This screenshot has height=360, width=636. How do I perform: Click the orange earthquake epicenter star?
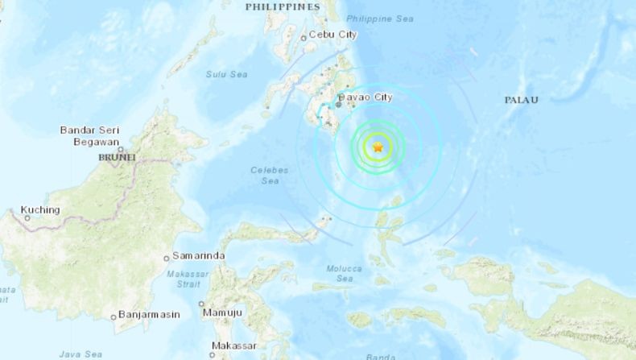click(378, 147)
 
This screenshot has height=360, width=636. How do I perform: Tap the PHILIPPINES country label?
click(283, 6)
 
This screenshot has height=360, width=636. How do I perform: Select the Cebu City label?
click(333, 35)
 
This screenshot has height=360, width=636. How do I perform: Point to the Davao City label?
click(368, 97)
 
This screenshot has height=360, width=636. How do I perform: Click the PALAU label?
click(521, 100)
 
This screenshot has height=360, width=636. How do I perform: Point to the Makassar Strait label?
click(186, 277)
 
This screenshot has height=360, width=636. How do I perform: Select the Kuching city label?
click(40, 210)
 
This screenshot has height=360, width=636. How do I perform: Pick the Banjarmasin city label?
click(150, 314)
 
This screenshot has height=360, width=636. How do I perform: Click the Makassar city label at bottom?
click(233, 346)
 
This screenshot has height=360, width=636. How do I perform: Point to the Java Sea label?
click(81, 354)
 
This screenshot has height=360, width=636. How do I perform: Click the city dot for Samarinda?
click(167, 258)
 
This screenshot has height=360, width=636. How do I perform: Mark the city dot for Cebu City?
click(304, 36)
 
